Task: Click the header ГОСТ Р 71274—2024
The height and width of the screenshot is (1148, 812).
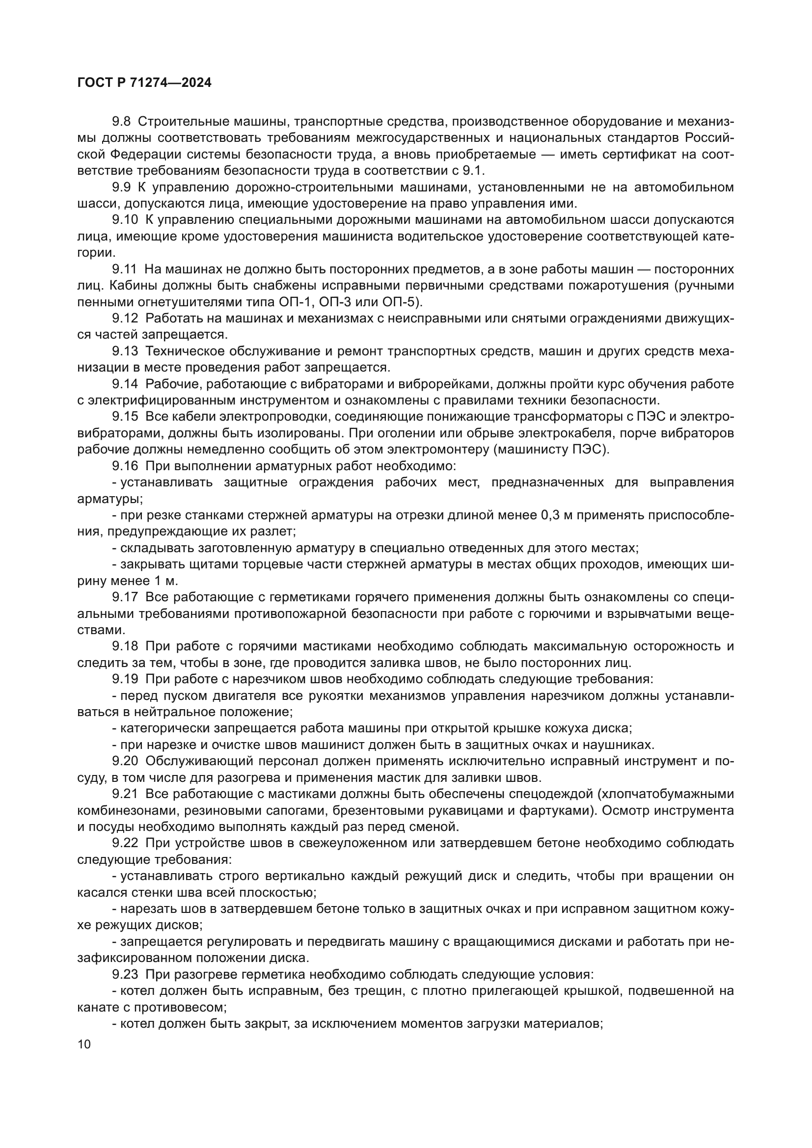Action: pyautogui.click(x=144, y=83)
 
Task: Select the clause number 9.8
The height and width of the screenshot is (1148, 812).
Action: pyautogui.click(x=121, y=122)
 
